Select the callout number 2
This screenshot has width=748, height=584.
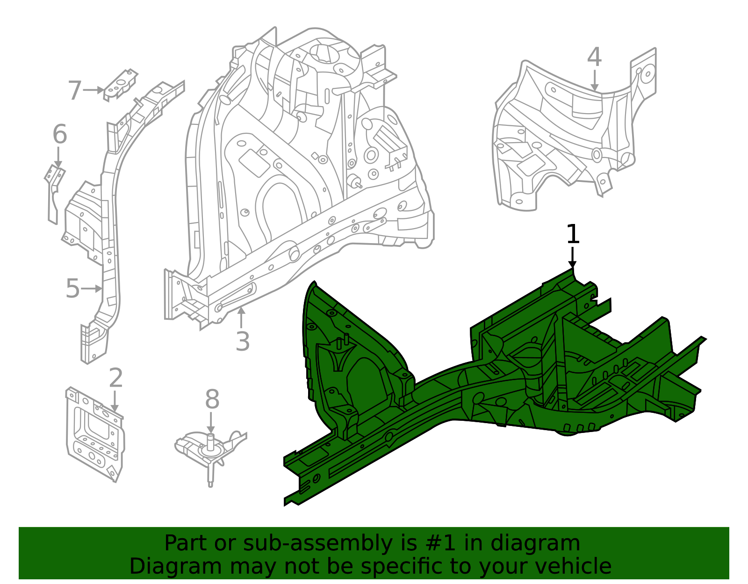(115, 378)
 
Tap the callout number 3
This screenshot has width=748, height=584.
(242, 341)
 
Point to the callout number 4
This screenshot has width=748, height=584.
(594, 58)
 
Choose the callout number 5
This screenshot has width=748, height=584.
(72, 288)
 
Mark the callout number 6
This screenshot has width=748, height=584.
(59, 135)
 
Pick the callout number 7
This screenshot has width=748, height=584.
(74, 90)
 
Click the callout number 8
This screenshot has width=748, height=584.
(212, 400)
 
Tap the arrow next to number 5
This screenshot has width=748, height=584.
(92, 288)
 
